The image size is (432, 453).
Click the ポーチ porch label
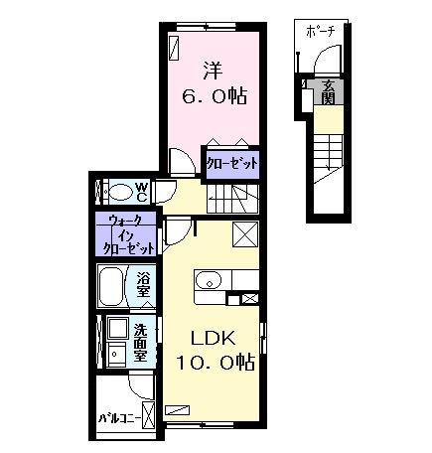pyautogui.click(x=321, y=32)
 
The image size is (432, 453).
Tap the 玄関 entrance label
pyautogui.click(x=328, y=92)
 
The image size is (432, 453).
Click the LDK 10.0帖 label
pyautogui.click(x=216, y=350)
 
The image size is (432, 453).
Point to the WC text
pyautogui.click(x=141, y=193)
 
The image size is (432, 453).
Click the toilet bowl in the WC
pyautogui.click(x=120, y=193)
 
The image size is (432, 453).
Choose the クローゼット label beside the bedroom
pyautogui.click(x=231, y=163)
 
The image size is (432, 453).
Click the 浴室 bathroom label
pyautogui.click(x=143, y=284)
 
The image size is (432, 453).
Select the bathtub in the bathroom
pyautogui.click(x=112, y=286)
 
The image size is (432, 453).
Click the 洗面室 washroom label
pyautogui.click(x=140, y=342)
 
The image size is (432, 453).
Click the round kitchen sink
pyautogui.click(x=209, y=281)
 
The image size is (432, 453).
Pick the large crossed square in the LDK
pyautogui.click(x=245, y=234)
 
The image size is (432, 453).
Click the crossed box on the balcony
pyautogui.click(x=148, y=415)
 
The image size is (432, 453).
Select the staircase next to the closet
pyautogui.click(x=232, y=199)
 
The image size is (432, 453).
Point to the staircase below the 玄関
pyautogui.click(x=328, y=158)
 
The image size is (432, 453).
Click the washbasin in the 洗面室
pyautogui.click(x=116, y=354)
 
